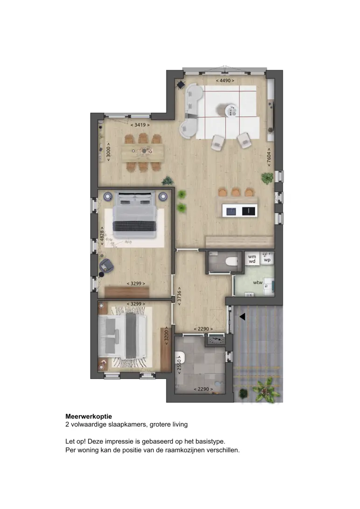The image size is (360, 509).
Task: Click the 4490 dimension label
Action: (x=225, y=81)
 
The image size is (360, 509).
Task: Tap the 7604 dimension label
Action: (x=269, y=157)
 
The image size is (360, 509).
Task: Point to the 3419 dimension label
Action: (x=140, y=124)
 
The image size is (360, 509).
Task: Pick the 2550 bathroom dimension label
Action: (x=179, y=365)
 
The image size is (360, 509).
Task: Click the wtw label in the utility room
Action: (x=258, y=282)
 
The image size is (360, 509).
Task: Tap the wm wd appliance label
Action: (x=252, y=259)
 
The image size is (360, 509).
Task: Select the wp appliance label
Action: (x=267, y=260)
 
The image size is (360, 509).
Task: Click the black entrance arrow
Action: (x=242, y=316)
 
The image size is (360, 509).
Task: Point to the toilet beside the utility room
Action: (x=232, y=261)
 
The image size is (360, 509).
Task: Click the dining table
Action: (x=143, y=152)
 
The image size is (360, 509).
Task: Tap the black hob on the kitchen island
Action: (x=249, y=211)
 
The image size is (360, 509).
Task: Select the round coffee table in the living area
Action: (x=231, y=110)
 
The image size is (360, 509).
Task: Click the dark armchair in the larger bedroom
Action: (x=106, y=266)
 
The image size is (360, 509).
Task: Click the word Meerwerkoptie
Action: (x=89, y=417)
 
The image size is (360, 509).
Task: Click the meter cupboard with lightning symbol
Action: (x=215, y=340)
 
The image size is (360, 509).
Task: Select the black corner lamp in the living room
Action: (x=180, y=85)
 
